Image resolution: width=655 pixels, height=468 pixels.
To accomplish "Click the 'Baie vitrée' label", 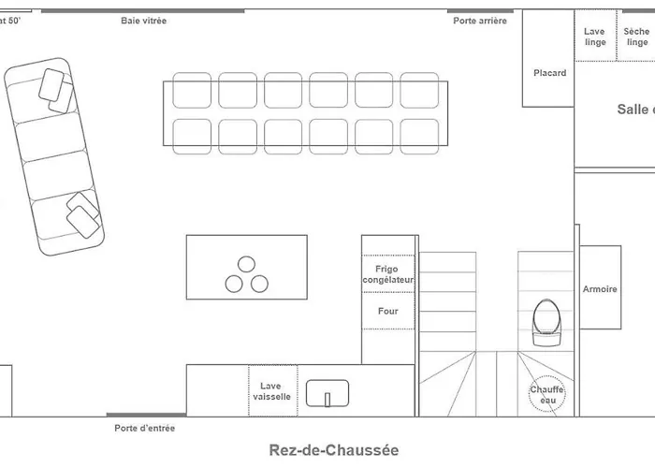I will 143,20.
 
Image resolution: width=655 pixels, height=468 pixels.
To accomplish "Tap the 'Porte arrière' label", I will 480,20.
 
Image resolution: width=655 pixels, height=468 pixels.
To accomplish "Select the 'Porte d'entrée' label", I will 145,429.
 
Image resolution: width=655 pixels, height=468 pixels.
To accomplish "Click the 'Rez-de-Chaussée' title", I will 333,450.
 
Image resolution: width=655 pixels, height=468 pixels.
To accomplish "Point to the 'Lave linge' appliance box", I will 595,37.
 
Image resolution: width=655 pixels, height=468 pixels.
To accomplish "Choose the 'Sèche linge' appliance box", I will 637,37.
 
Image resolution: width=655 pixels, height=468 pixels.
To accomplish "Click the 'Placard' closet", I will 549,72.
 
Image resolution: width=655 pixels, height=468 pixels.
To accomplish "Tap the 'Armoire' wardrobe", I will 600,288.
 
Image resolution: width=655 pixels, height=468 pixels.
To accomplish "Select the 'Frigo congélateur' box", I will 387,274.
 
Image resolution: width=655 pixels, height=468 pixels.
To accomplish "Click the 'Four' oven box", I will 387,311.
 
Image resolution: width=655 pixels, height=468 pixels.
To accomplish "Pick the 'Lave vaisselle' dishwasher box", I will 271,390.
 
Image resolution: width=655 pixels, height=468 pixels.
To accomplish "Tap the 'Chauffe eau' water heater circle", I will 546,395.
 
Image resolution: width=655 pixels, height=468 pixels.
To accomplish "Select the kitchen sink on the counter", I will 327,395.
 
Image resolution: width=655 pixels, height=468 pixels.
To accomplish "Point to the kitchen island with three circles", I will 246,267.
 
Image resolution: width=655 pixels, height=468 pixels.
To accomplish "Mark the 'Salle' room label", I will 633,110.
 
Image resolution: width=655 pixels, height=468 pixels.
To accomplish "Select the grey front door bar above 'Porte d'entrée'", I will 145,415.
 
